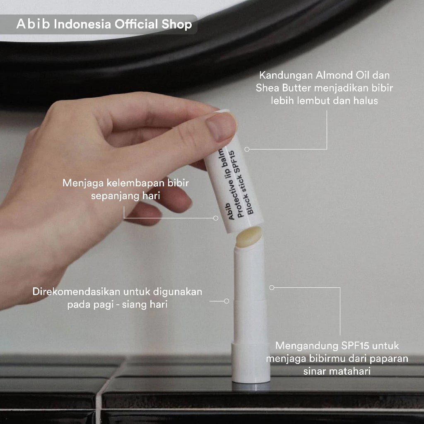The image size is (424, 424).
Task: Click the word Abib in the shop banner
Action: pyautogui.click(x=33, y=24)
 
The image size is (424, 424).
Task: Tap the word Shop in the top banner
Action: pyautogui.click(x=177, y=24)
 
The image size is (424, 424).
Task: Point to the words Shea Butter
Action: pyautogui.click(x=284, y=88)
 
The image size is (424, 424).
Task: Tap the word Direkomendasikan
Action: pyautogui.click(x=76, y=292)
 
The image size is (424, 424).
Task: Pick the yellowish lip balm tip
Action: pyautogui.click(x=249, y=237)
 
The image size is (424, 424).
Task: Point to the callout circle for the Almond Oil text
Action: pyautogui.click(x=247, y=149)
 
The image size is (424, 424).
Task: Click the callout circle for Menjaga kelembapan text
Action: pyautogui.click(x=215, y=218)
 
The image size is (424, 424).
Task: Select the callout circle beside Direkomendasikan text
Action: pyautogui.click(x=226, y=301)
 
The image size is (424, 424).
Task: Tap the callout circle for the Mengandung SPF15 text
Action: pyautogui.click(x=272, y=287)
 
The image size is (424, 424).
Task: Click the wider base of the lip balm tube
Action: pyautogui.click(x=251, y=363)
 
